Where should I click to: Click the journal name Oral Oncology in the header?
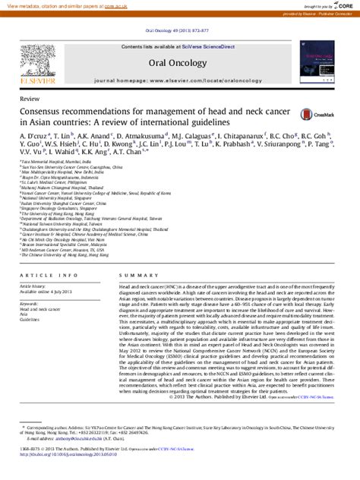pos(178,63)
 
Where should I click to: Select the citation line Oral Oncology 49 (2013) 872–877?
pos(179,30)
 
